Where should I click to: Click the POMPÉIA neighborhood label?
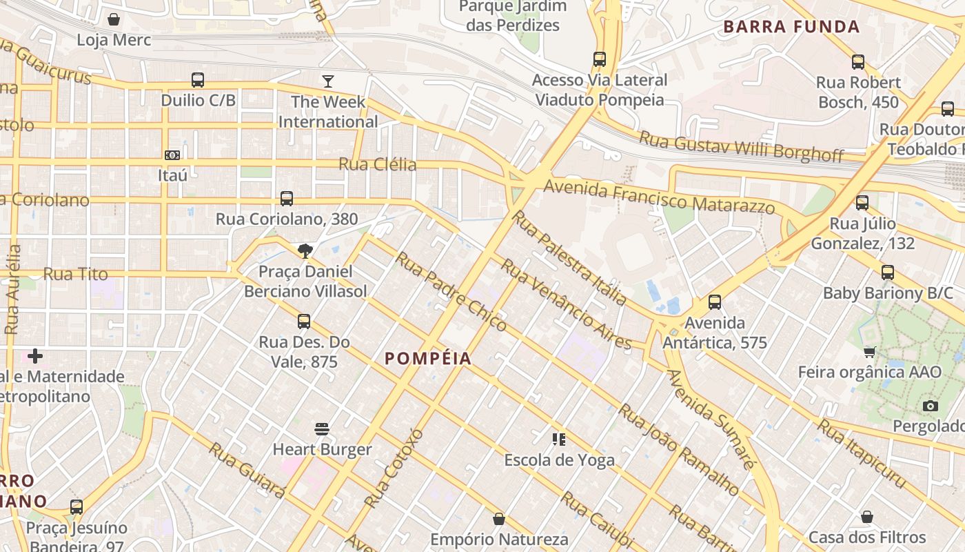(x=428, y=358)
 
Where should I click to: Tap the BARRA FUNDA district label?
(x=791, y=27)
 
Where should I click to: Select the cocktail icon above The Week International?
(x=328, y=81)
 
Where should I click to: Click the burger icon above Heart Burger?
(x=322, y=429)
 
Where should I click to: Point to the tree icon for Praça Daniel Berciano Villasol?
(x=305, y=250)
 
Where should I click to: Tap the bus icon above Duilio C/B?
(x=198, y=80)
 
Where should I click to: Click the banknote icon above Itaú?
(x=172, y=155)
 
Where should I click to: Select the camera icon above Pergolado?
(x=931, y=406)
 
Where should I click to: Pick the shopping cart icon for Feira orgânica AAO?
(x=870, y=352)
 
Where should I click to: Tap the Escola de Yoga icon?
(x=559, y=439)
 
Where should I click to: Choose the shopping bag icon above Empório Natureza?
(x=499, y=519)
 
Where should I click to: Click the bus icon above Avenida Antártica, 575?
(x=715, y=302)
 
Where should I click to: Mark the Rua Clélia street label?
(x=377, y=164)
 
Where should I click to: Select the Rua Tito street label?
(x=75, y=274)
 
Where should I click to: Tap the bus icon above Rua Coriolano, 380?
(x=287, y=199)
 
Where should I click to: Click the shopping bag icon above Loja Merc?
(x=114, y=19)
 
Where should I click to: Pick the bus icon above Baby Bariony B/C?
(x=888, y=273)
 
